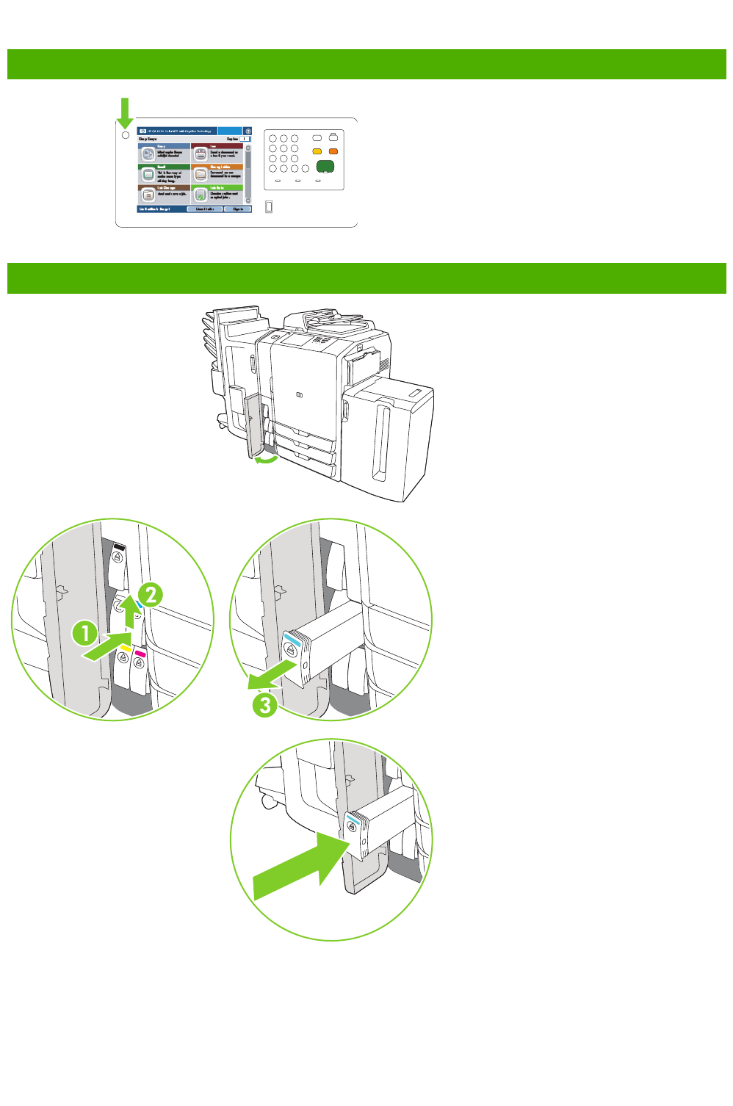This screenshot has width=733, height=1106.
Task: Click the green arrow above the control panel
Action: point(125,112)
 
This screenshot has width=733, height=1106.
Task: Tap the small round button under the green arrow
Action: point(125,135)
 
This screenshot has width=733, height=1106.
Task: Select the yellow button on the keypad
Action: point(317,151)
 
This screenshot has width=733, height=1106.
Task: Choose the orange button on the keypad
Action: point(333,151)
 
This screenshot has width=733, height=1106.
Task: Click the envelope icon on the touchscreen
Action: point(148,175)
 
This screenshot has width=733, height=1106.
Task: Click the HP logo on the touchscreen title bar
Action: point(142,131)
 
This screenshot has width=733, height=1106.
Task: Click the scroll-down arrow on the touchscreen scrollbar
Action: point(248,200)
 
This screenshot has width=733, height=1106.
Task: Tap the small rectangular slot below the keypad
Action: point(269,207)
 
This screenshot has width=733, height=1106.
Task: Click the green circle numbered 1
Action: point(84,632)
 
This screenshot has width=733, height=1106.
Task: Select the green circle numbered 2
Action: point(150,594)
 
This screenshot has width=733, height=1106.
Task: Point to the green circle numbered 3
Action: point(264,705)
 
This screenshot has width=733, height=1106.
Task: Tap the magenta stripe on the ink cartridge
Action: point(140,653)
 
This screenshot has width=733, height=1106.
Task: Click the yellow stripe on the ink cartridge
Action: point(126,649)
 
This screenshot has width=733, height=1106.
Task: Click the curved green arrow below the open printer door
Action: point(266,460)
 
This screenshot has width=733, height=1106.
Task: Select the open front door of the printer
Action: point(253,426)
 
